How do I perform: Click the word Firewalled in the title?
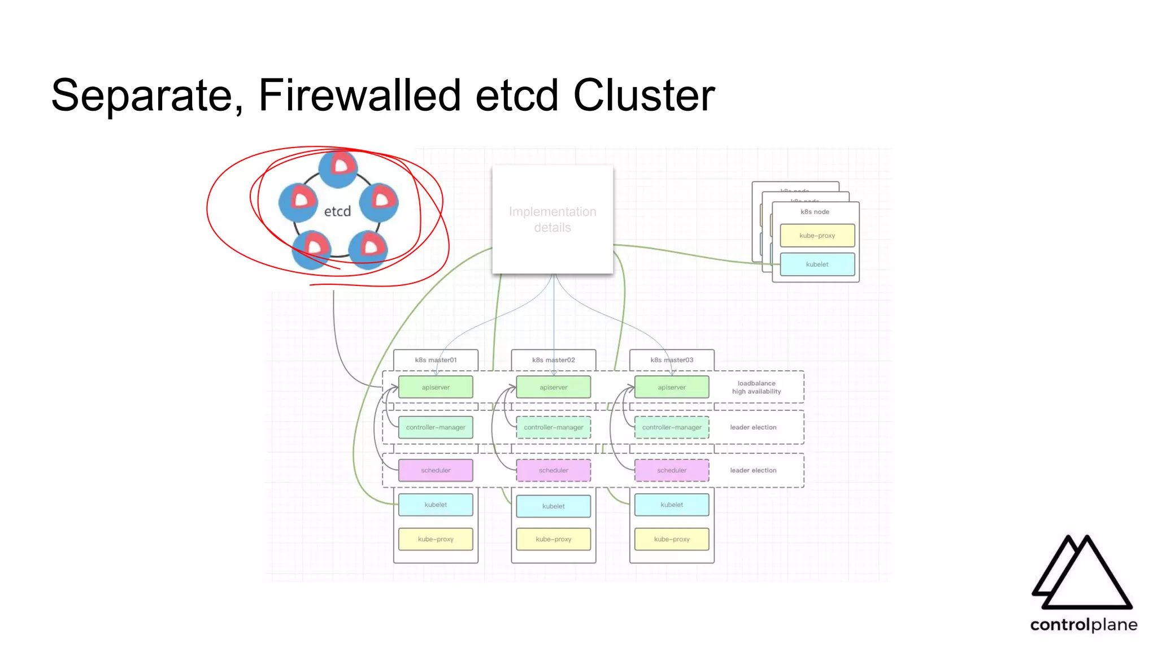pyautogui.click(x=359, y=95)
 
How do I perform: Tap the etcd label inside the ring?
pyautogui.click(x=337, y=211)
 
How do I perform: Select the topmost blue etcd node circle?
pyautogui.click(x=338, y=168)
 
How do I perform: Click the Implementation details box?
pyautogui.click(x=553, y=219)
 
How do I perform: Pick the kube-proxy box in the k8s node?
pyautogui.click(x=817, y=236)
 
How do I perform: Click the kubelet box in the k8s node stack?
pyautogui.click(x=817, y=264)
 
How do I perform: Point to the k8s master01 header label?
pyautogui.click(x=436, y=360)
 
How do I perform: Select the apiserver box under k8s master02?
pyautogui.click(x=553, y=388)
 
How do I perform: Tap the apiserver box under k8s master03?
pyautogui.click(x=671, y=388)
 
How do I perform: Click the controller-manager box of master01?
pyautogui.click(x=436, y=427)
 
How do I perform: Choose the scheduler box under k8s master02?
pyautogui.click(x=553, y=470)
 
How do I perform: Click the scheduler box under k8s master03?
pyautogui.click(x=671, y=470)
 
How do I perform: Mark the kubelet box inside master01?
pyautogui.click(x=436, y=505)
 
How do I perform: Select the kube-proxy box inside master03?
pyautogui.click(x=671, y=539)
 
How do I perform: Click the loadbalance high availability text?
pyautogui.click(x=756, y=387)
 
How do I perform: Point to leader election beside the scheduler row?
pyautogui.click(x=753, y=470)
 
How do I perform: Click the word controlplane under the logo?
pyautogui.click(x=1083, y=624)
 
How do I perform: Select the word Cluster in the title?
pyautogui.click(x=643, y=95)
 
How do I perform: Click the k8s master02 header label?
pyautogui.click(x=553, y=360)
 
